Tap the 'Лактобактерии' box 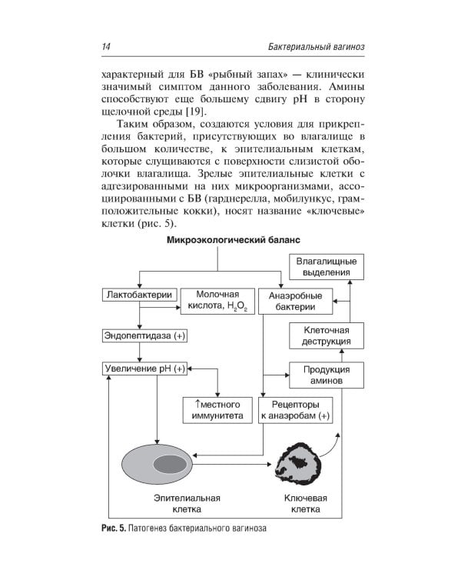[139, 295]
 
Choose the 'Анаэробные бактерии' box [296, 301]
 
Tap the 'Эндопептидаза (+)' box [144, 336]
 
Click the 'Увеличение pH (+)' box [144, 369]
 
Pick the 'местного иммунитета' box [217, 410]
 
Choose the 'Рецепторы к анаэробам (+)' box [295, 410]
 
